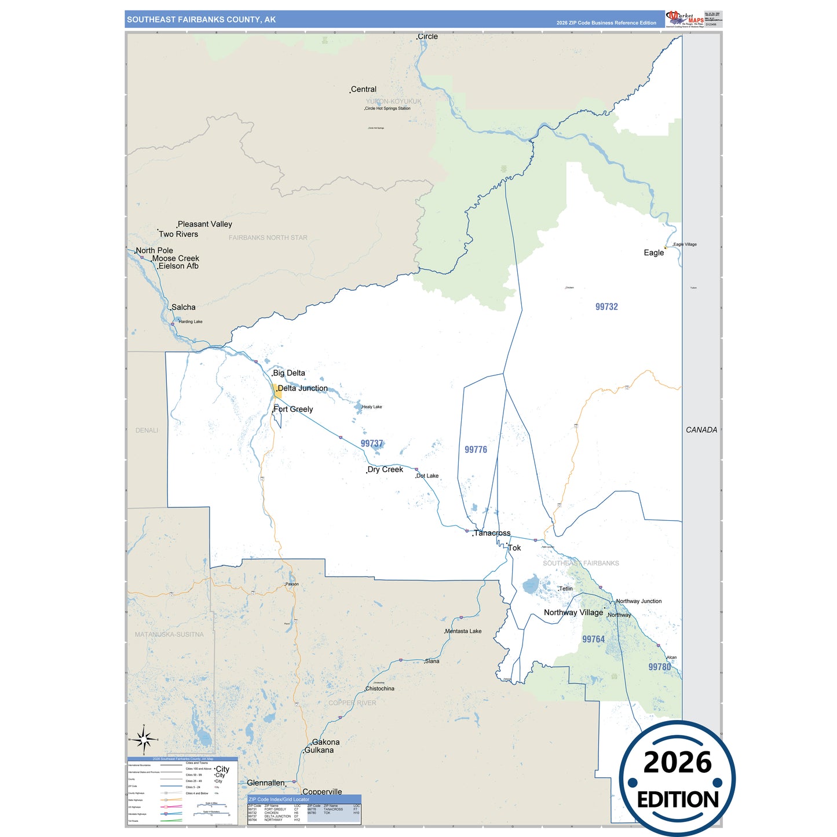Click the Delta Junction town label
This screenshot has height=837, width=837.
click(302, 389)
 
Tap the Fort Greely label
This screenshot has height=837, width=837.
click(293, 410)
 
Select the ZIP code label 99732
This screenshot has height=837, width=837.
click(606, 307)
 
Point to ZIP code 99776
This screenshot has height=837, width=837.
click(476, 450)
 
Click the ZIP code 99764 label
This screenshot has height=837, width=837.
click(593, 639)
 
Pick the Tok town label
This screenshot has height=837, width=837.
click(514, 548)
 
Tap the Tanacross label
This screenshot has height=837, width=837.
click(492, 533)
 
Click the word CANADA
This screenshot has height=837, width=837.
click(701, 430)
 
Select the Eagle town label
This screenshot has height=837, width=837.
click(654, 253)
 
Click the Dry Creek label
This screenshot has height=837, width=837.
click(385, 470)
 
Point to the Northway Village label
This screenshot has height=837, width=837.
click(573, 613)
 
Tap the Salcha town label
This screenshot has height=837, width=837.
click(184, 308)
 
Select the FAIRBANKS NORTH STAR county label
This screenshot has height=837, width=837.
click(268, 238)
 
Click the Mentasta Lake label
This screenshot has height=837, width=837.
click(463, 631)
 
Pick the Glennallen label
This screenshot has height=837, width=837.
click(266, 783)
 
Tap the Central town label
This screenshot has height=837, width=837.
click(364, 90)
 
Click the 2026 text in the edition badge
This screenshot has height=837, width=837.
click(677, 763)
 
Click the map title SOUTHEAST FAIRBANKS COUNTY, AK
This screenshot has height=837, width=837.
click(201, 20)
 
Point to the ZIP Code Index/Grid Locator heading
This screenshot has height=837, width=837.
click(279, 799)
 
